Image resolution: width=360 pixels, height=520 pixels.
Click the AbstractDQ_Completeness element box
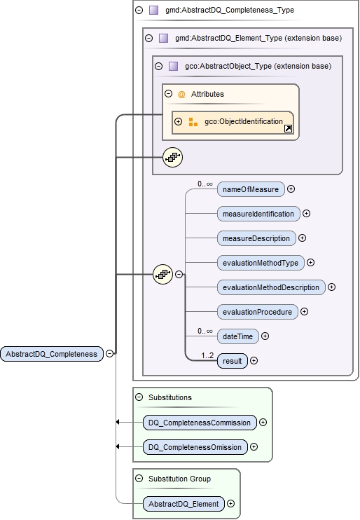tap(52, 354)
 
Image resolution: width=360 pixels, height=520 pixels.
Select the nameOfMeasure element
tap(251, 189)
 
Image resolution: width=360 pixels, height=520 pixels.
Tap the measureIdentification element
tap(258, 213)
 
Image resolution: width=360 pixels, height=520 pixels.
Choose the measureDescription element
tap(256, 238)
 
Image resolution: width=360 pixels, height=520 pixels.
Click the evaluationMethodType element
tap(261, 263)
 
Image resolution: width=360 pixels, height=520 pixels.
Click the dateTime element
tap(237, 336)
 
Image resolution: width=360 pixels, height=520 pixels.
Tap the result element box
tap(232, 361)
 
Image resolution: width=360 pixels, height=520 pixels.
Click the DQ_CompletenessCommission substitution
tap(199, 423)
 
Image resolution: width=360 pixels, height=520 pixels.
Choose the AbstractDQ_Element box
tap(183, 503)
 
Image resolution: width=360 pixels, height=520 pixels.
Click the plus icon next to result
tap(254, 361)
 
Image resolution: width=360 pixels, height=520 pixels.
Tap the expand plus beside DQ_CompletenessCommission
tap(263, 423)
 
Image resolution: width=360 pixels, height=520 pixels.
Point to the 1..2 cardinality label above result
tap(207, 355)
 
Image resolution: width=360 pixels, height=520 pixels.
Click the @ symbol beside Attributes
tap(181, 94)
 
